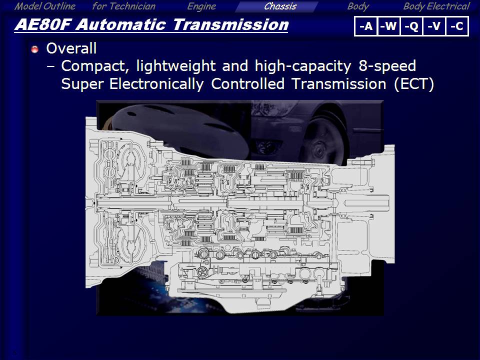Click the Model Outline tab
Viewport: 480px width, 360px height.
[44, 6]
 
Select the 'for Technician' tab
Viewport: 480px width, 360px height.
[123, 6]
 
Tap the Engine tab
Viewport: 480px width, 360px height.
[201, 6]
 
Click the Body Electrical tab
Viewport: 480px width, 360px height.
[436, 6]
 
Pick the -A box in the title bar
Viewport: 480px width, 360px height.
[366, 26]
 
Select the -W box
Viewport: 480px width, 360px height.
[389, 26]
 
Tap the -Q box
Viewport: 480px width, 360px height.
[411, 26]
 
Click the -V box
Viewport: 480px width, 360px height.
[434, 26]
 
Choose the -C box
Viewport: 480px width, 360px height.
[457, 26]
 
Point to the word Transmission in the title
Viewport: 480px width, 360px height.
[230, 24]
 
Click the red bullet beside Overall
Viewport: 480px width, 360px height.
[35, 49]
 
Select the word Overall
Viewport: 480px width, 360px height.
[71, 48]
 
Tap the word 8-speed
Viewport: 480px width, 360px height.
[387, 66]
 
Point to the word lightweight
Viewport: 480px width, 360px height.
[176, 66]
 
